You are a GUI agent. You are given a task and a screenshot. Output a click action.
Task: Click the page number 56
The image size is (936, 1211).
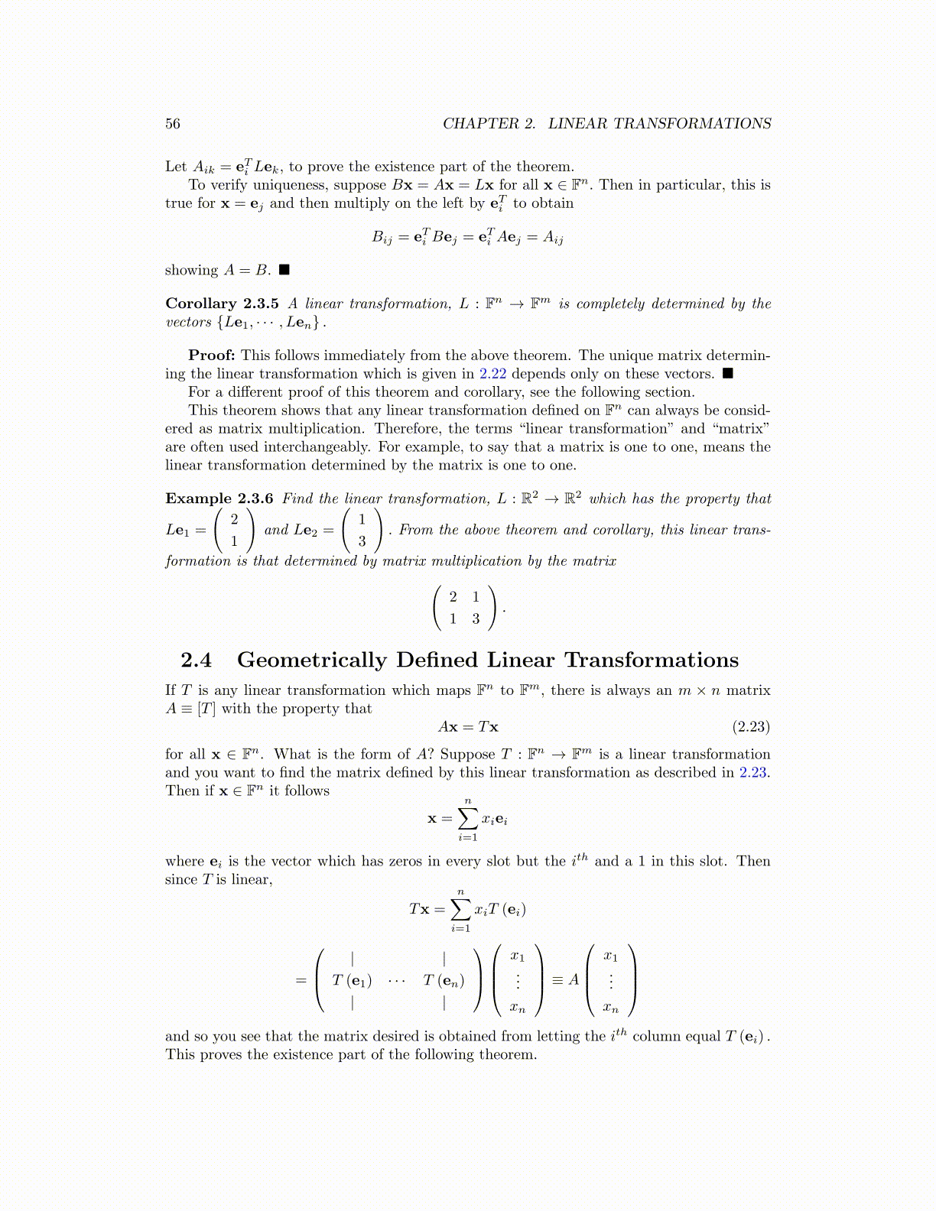click(x=173, y=124)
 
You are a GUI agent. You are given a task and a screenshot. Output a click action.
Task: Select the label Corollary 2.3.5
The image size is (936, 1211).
click(x=222, y=304)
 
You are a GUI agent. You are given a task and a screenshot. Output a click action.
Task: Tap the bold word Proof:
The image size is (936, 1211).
click(x=212, y=356)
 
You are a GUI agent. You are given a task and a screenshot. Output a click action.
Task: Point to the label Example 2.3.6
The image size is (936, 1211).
click(x=219, y=498)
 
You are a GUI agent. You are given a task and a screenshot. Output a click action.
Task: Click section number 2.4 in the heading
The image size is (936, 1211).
click(x=197, y=660)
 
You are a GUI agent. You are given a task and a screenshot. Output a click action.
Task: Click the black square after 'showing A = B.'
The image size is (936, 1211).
click(x=284, y=270)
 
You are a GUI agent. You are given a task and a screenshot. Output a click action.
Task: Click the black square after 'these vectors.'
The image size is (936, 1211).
click(x=727, y=374)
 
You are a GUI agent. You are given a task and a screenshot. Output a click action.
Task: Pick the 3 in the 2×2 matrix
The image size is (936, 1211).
click(x=476, y=619)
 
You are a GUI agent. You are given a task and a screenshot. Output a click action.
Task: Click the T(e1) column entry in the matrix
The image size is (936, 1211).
click(x=352, y=980)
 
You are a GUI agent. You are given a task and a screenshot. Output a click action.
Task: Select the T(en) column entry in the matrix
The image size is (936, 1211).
click(x=444, y=980)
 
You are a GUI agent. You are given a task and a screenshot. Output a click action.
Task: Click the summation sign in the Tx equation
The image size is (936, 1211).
click(x=460, y=909)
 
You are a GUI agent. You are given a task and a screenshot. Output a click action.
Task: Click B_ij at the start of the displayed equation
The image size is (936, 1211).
click(x=382, y=238)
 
